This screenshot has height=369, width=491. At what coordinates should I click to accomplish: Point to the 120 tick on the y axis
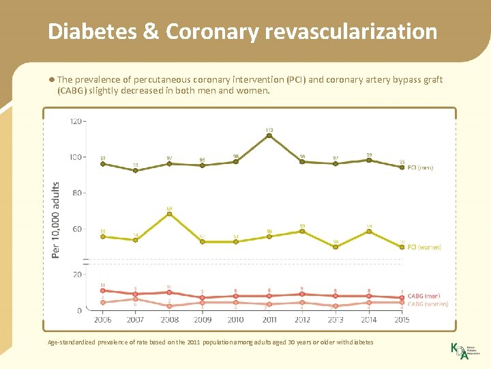pyautogui.click(x=75, y=122)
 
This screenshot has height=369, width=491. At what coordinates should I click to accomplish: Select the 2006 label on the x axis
pyautogui.click(x=102, y=319)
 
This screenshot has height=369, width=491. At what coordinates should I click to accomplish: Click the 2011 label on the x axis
pyautogui.click(x=269, y=319)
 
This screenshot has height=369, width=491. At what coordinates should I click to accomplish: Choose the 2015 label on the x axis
pyautogui.click(x=402, y=319)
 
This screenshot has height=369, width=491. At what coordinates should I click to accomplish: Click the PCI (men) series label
pyautogui.click(x=420, y=167)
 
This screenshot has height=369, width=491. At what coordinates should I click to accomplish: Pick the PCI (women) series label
pyautogui.click(x=424, y=247)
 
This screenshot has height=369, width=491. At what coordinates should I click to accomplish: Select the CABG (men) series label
pyautogui.click(x=423, y=296)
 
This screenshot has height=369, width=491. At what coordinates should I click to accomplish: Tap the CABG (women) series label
pyautogui.click(x=428, y=304)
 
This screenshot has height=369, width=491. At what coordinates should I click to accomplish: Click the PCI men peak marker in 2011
pyautogui.click(x=269, y=136)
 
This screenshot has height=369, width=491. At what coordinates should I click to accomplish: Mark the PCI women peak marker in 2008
pyautogui.click(x=169, y=214)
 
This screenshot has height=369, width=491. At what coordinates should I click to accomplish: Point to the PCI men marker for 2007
pyautogui.click(x=136, y=170)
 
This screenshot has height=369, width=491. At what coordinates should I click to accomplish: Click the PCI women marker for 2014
pyautogui.click(x=369, y=232)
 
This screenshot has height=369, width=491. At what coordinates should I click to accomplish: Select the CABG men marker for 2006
pyautogui.click(x=102, y=290)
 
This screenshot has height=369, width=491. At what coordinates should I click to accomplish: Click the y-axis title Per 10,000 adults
pyautogui.click(x=56, y=219)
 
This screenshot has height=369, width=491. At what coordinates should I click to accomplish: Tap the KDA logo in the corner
pyautogui.click(x=459, y=351)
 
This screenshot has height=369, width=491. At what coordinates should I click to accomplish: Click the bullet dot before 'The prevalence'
pyautogui.click(x=52, y=80)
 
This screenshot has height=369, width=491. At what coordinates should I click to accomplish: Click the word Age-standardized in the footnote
pyautogui.click(x=72, y=342)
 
